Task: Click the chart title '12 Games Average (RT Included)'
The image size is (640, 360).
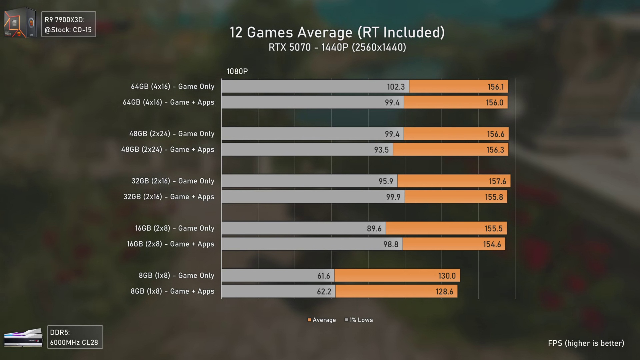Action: (337, 32)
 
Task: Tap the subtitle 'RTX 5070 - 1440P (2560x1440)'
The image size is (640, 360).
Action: (337, 47)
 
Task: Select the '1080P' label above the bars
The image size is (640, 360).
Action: (237, 71)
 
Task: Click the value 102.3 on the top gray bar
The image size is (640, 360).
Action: (396, 87)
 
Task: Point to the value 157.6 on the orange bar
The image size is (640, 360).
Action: (497, 181)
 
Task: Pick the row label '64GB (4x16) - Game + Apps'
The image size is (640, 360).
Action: (169, 102)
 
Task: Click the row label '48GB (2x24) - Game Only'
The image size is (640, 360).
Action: (172, 134)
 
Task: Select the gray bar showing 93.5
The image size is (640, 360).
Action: (307, 150)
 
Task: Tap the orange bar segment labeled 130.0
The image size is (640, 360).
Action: (397, 276)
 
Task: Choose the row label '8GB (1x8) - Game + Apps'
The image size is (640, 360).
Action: (172, 291)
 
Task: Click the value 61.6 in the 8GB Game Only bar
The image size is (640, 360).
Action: (323, 276)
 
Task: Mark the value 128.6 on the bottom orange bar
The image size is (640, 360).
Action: (444, 292)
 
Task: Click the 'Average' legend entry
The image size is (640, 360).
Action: (322, 320)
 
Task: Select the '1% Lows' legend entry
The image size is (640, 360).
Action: (359, 320)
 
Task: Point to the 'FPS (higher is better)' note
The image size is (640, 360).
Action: (586, 343)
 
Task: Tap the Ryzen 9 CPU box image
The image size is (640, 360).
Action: (20, 22)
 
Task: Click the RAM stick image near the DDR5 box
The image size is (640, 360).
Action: (23, 338)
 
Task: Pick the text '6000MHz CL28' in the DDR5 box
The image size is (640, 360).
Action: (74, 343)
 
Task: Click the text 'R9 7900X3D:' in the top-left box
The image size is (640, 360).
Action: (65, 20)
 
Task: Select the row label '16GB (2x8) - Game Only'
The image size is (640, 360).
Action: (175, 228)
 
